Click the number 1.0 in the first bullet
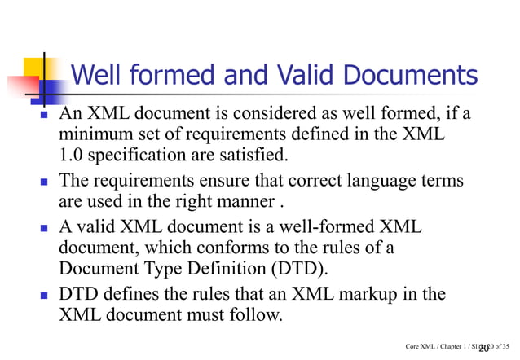click(x=71, y=155)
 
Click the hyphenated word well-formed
click(x=327, y=226)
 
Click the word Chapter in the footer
click(x=450, y=348)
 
